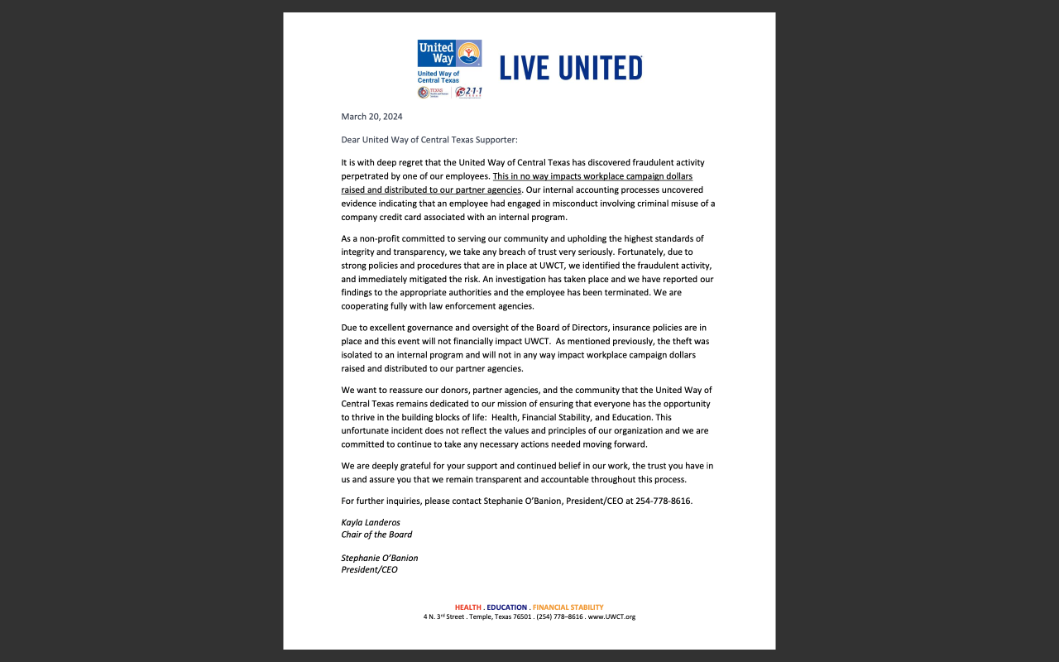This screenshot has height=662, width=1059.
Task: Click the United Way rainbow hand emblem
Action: pos(469,53)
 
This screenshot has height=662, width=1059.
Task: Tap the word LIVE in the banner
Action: pos(525,68)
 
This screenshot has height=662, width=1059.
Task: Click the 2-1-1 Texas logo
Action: pos(468,92)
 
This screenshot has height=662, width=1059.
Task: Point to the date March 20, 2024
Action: pos(371,117)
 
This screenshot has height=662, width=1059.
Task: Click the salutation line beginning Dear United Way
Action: pos(429,140)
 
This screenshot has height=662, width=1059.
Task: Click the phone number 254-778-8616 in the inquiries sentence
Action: pos(664,501)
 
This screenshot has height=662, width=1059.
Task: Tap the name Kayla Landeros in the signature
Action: pos(371,523)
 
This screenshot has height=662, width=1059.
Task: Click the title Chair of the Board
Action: pos(376,535)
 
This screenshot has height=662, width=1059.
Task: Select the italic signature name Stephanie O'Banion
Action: pos(380,559)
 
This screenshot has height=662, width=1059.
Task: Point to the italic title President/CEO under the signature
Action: pos(369,570)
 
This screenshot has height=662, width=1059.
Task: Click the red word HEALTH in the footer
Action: pos(468,607)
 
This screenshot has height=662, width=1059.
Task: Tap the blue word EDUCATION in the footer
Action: pos(506,607)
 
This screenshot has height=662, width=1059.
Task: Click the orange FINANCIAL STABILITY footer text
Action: pos(568,607)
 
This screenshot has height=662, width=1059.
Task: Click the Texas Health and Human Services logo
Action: pos(434,92)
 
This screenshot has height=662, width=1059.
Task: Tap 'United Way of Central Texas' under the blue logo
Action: pos(438,77)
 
